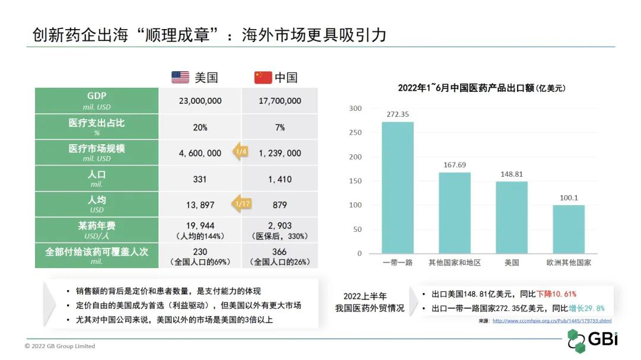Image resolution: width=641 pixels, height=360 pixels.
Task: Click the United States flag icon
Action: pos(180,77)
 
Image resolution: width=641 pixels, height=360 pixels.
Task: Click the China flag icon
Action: pos(263,77)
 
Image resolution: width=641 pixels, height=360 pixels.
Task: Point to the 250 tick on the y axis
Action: pos(355,133)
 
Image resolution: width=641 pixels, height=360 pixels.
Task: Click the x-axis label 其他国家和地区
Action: pos(455,262)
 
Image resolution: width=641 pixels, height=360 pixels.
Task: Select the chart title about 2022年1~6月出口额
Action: pos(481,88)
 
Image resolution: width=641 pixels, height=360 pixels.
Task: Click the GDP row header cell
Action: pos(97,101)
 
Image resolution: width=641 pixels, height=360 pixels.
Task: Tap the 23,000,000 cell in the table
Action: pos(200,101)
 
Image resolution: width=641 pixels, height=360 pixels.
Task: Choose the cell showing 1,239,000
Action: pos(280,153)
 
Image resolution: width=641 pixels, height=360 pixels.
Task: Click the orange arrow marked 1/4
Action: pos(240,152)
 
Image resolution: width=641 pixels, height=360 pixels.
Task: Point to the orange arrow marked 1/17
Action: pos(240,205)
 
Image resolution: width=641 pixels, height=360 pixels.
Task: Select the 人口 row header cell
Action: pos(97,179)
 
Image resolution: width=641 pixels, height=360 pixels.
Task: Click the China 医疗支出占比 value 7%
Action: pos(280,127)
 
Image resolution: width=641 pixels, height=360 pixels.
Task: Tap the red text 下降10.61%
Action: pos(557,294)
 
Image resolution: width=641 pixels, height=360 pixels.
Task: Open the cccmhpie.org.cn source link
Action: pos(551,321)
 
